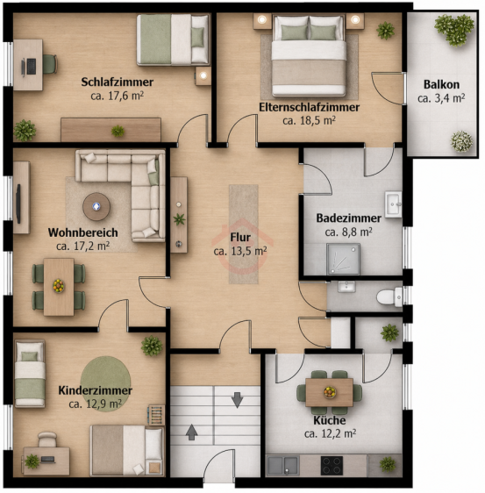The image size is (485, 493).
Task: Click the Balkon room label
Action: pyautogui.click(x=441, y=84)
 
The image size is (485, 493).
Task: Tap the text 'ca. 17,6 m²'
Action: pyautogui.click(x=118, y=96)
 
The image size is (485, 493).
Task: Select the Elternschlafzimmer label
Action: pyautogui.click(x=309, y=107)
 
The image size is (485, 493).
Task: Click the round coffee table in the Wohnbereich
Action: pyautogui.click(x=96, y=206)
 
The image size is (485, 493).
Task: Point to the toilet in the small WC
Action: pyautogui.click(x=389, y=297)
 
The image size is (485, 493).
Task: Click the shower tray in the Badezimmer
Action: pyautogui.click(x=343, y=259)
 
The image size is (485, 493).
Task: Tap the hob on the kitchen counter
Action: pyautogui.click(x=332, y=465)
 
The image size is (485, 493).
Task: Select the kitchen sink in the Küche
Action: pyautogui.click(x=283, y=465)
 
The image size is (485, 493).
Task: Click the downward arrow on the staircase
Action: pyautogui.click(x=237, y=400)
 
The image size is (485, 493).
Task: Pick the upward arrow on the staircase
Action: pyautogui.click(x=191, y=432)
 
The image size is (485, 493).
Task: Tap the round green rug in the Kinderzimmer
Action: pyautogui.click(x=105, y=383)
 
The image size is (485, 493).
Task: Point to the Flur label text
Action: pyautogui.click(x=240, y=238)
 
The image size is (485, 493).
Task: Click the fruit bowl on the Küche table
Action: pyautogui.click(x=330, y=392)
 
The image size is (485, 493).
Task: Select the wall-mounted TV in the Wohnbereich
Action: pyautogui.click(x=18, y=204)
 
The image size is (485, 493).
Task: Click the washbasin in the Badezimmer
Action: pyautogui.click(x=393, y=204)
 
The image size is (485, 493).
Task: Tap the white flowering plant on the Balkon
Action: pyautogui.click(x=461, y=141)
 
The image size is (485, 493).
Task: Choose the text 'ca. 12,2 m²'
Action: pyautogui.click(x=330, y=434)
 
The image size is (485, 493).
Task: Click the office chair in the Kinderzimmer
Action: pyautogui.click(x=47, y=439)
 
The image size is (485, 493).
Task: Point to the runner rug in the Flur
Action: pyautogui.click(x=244, y=234)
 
